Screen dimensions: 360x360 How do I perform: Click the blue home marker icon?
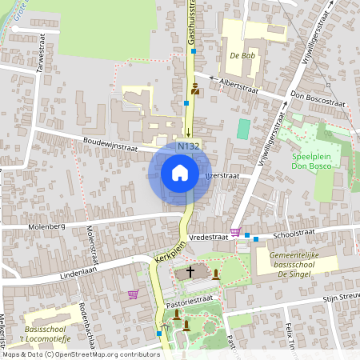(x=180, y=173)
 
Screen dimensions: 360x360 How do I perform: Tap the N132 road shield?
(x=189, y=146)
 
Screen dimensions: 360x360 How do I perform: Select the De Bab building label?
(x=241, y=56)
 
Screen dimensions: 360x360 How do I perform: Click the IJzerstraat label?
(x=222, y=174)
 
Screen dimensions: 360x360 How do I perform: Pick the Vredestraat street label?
(x=210, y=237)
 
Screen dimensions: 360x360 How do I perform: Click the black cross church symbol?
(x=190, y=272)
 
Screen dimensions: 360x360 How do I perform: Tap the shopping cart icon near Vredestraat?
(x=235, y=233)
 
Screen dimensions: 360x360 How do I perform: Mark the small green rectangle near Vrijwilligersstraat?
(x=243, y=128)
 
